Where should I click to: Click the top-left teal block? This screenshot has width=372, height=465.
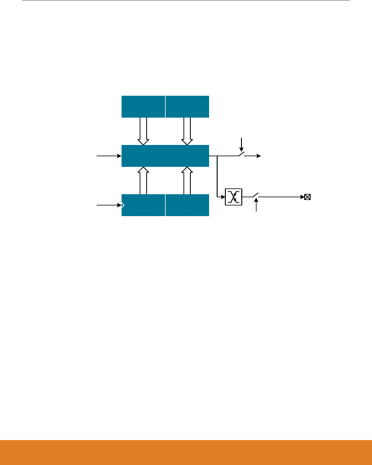143,106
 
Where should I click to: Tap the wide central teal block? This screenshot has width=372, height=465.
165,156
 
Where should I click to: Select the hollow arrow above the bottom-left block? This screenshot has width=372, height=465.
143,181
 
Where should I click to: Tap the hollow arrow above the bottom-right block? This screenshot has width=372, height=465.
187,181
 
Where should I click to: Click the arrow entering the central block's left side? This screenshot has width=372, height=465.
109,156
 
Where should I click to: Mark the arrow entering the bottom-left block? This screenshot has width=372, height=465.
109,205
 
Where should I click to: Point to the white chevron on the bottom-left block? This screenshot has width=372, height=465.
123,205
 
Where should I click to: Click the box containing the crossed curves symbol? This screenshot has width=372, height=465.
233,197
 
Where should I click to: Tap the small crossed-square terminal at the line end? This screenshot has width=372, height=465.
307,197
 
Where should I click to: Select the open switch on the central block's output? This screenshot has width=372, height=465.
241,155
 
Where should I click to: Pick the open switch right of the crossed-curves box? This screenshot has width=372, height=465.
255,195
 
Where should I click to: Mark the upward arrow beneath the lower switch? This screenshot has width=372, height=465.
256,205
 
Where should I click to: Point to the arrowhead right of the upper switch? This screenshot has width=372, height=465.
258,156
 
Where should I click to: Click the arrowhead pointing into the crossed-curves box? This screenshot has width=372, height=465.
223,197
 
